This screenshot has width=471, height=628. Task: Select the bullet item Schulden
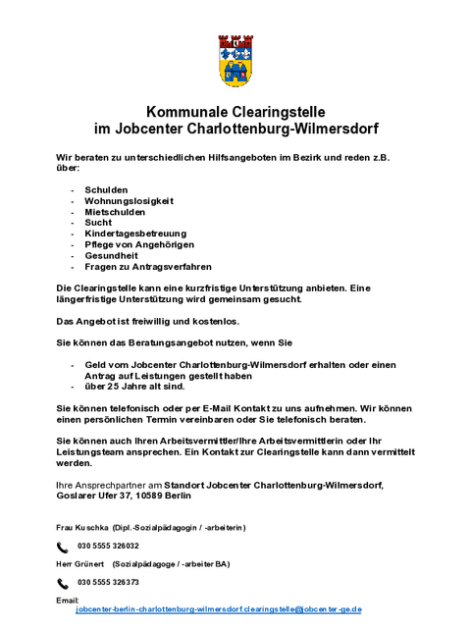click(x=105, y=188)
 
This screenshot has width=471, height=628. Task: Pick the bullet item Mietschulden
click(x=115, y=211)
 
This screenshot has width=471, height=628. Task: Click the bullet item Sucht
click(x=98, y=223)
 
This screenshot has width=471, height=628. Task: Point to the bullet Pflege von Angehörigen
click(x=132, y=244)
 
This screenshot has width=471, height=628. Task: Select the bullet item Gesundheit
click(x=111, y=255)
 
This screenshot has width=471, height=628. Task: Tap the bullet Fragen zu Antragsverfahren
click(x=141, y=266)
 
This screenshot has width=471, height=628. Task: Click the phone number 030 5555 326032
click(x=108, y=546)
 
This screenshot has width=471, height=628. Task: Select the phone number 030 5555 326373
click(x=108, y=582)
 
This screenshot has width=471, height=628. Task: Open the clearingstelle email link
click(x=219, y=609)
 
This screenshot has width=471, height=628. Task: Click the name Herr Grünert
click(x=80, y=564)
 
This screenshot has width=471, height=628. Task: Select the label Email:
click(x=68, y=600)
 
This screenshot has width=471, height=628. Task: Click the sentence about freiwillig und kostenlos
click(x=146, y=322)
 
